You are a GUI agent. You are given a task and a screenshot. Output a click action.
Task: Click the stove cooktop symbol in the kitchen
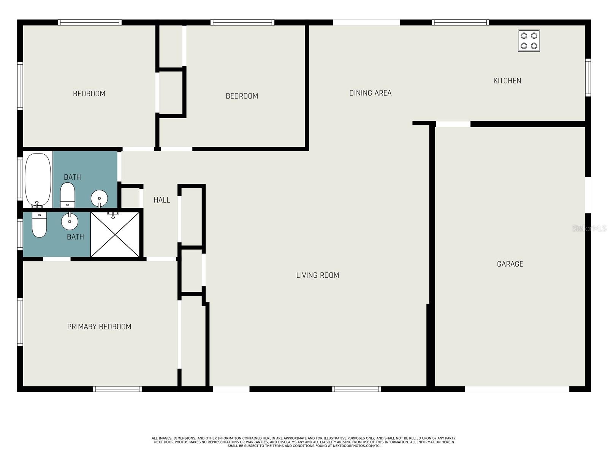(529, 41)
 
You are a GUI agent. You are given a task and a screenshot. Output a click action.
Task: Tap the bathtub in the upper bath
(38, 179)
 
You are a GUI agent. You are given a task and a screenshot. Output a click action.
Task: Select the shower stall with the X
(115, 234)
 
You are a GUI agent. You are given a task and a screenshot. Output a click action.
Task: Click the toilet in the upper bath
(68, 195)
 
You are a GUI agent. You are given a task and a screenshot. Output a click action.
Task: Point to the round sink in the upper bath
(99, 199)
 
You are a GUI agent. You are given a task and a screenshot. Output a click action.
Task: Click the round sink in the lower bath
(70, 221)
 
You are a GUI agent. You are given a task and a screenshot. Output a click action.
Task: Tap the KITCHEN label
(507, 81)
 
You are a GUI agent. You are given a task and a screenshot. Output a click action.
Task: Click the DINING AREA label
(370, 93)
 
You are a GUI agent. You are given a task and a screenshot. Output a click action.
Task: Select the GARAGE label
(510, 264)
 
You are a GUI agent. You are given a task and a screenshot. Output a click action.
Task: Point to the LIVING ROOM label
(317, 275)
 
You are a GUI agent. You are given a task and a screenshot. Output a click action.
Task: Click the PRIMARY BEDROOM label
(99, 327)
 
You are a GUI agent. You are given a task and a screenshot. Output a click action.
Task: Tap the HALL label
(162, 200)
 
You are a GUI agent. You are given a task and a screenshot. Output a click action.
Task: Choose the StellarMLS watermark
(589, 228)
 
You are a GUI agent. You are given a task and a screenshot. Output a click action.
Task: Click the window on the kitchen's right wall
(588, 78)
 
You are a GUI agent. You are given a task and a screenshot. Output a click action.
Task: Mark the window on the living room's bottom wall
(356, 389)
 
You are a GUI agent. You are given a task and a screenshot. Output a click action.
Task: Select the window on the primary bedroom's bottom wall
(117, 389)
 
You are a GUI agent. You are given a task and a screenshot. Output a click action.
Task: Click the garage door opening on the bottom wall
(517, 389)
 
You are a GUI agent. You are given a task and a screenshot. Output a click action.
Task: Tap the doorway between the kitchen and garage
(453, 124)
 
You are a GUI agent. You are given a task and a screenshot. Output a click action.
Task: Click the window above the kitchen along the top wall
(460, 22)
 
